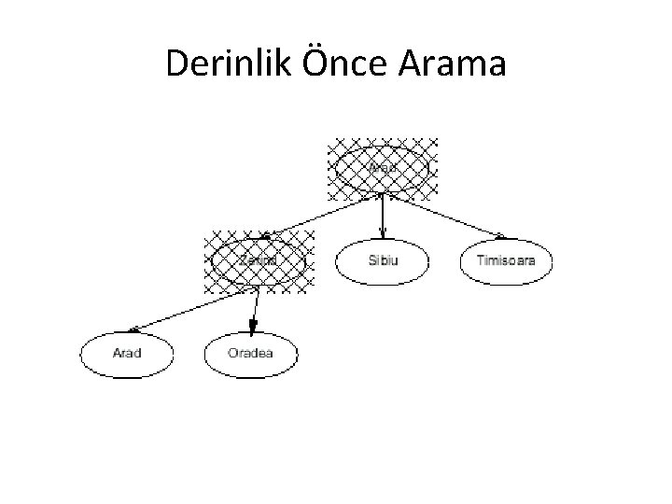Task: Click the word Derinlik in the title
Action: click(223, 64)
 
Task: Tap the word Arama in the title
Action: click(455, 64)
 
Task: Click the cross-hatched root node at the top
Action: click(383, 170)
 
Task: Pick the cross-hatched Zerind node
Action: click(259, 260)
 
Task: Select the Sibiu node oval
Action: click(383, 260)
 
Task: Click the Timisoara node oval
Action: click(507, 260)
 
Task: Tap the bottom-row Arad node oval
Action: click(127, 354)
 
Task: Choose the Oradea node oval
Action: click(250, 354)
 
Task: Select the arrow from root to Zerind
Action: click(322, 215)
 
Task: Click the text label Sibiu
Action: click(383, 260)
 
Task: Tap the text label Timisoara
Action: click(507, 260)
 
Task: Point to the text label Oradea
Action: click(250, 354)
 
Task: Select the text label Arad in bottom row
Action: click(127, 354)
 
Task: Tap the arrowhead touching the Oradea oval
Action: click(251, 327)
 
